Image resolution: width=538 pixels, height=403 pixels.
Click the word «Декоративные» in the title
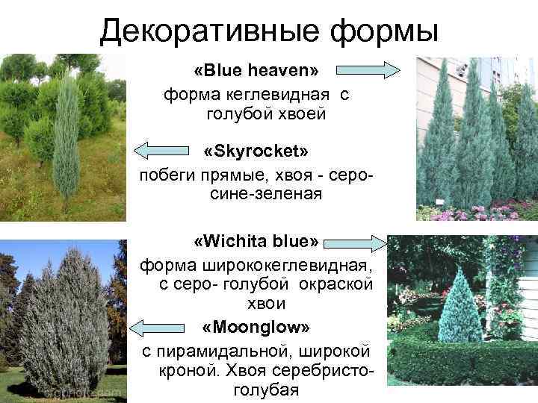click(x=197, y=31)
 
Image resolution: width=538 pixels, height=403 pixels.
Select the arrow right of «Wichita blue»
click(x=356, y=242)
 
